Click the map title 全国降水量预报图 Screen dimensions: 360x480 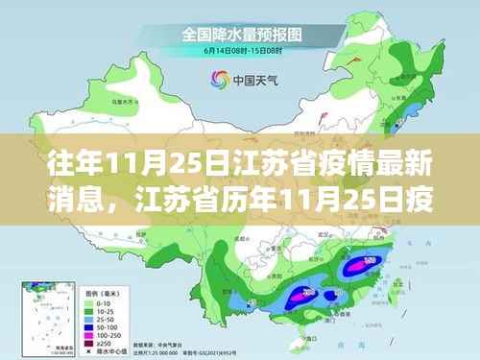pyautogui.click(x=241, y=35)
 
